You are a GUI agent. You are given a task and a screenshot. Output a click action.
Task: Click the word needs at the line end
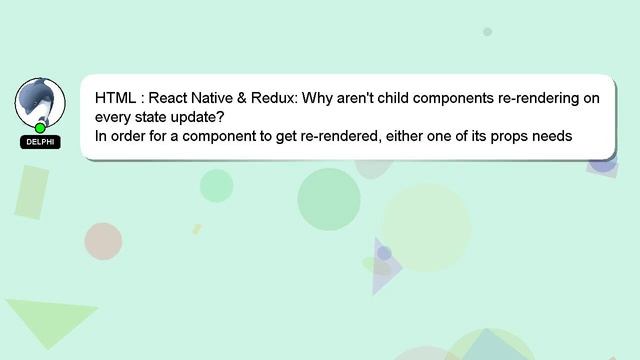pos(551,136)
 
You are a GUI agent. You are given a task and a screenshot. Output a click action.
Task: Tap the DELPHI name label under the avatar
pos(40,142)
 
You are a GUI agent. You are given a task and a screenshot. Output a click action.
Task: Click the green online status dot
pos(40,128)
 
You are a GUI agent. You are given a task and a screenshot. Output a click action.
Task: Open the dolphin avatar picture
pos(40,102)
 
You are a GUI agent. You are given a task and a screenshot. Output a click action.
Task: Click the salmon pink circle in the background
pos(103,241)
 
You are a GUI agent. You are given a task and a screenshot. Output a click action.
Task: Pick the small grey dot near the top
pos(488,32)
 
